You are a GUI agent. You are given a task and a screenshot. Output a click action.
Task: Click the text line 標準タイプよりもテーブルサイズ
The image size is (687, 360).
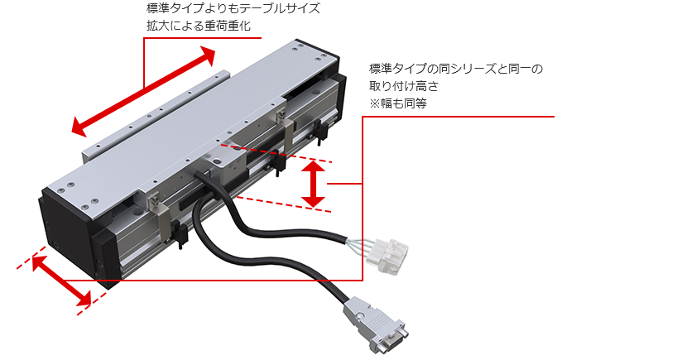(232, 9)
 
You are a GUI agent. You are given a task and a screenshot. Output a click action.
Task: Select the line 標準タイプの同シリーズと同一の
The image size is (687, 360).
(455, 69)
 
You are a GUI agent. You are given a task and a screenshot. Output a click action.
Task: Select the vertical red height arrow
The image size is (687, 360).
(312, 184)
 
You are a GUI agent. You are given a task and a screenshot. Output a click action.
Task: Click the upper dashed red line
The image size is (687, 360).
(281, 151)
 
